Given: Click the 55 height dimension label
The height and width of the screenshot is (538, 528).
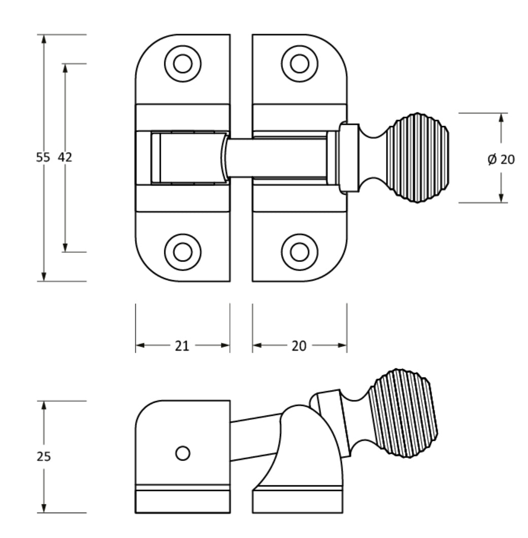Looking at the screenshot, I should point(43,158).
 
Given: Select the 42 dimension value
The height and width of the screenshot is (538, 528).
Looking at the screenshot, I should point(65,158).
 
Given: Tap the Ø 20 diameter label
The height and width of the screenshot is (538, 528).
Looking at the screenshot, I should point(501,159).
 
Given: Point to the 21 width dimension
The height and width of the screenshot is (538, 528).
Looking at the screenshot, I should point(182,345).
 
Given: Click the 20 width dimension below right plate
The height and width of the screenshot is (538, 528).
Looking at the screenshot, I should point(299,345).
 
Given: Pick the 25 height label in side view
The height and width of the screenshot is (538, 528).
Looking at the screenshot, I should point(44,456).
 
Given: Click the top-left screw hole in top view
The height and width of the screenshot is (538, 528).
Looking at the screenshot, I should point(183,64).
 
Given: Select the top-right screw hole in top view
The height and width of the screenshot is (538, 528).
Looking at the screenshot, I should point(299,64).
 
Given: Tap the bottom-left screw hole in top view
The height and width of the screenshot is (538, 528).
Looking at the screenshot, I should point(183,252).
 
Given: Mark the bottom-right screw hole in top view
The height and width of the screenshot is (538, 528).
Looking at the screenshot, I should point(299,252).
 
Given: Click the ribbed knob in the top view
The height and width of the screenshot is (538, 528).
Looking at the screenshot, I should point(417,158).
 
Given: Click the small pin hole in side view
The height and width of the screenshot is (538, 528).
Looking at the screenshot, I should point(183,453).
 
